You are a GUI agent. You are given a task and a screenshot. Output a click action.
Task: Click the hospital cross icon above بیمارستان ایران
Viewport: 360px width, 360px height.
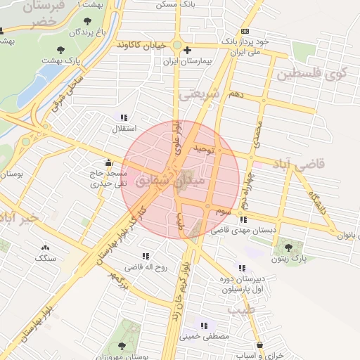[186, 50]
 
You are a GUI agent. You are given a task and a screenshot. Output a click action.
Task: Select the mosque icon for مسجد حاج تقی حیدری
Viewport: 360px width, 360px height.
[108, 160]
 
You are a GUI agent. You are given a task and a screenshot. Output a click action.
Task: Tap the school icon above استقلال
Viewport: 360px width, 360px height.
[124, 117]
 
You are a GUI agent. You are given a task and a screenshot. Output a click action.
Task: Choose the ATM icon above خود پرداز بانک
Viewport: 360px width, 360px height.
[245, 32]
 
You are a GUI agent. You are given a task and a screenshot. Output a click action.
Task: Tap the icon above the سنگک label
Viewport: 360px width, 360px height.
[46, 247]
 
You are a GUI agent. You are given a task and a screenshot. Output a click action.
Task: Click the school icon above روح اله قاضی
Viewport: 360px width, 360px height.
[146, 256]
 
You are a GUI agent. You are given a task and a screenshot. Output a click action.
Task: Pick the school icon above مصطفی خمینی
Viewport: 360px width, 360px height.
[204, 326]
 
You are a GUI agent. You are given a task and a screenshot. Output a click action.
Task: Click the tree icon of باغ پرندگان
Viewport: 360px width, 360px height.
[87, 21]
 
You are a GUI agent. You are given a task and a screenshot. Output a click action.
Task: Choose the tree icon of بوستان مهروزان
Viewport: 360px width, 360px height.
[122, 345]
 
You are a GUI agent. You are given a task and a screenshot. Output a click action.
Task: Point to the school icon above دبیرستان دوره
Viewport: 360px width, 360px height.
[242, 267]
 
